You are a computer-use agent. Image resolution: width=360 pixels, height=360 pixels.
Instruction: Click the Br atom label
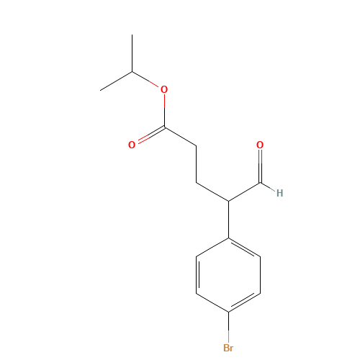(228, 348)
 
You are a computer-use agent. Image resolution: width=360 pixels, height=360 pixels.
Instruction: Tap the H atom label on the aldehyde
(279, 193)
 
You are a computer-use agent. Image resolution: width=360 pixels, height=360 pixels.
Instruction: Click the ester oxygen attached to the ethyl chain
(164, 89)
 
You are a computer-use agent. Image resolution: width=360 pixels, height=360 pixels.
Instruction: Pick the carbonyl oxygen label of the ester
(132, 145)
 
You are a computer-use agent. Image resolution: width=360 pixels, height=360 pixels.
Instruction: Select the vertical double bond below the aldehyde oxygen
(260, 166)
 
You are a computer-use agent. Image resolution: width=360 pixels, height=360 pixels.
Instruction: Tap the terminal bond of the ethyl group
(117, 81)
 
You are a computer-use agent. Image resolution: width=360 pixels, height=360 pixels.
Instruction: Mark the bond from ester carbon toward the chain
(181, 137)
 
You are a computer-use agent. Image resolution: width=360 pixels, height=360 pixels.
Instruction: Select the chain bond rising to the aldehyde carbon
(245, 192)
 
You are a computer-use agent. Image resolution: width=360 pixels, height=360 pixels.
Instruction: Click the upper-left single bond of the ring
(212, 247)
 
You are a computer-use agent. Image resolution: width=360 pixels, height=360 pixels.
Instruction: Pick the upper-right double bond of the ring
(245, 247)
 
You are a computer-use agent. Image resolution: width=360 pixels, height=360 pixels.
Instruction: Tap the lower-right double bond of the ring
(245, 302)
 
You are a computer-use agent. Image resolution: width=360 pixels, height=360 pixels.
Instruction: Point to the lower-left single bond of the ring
(212, 302)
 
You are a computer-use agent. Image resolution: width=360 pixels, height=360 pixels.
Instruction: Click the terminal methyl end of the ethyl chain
(102, 89)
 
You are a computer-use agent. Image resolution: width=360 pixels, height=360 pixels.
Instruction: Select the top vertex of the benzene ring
(228, 238)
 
